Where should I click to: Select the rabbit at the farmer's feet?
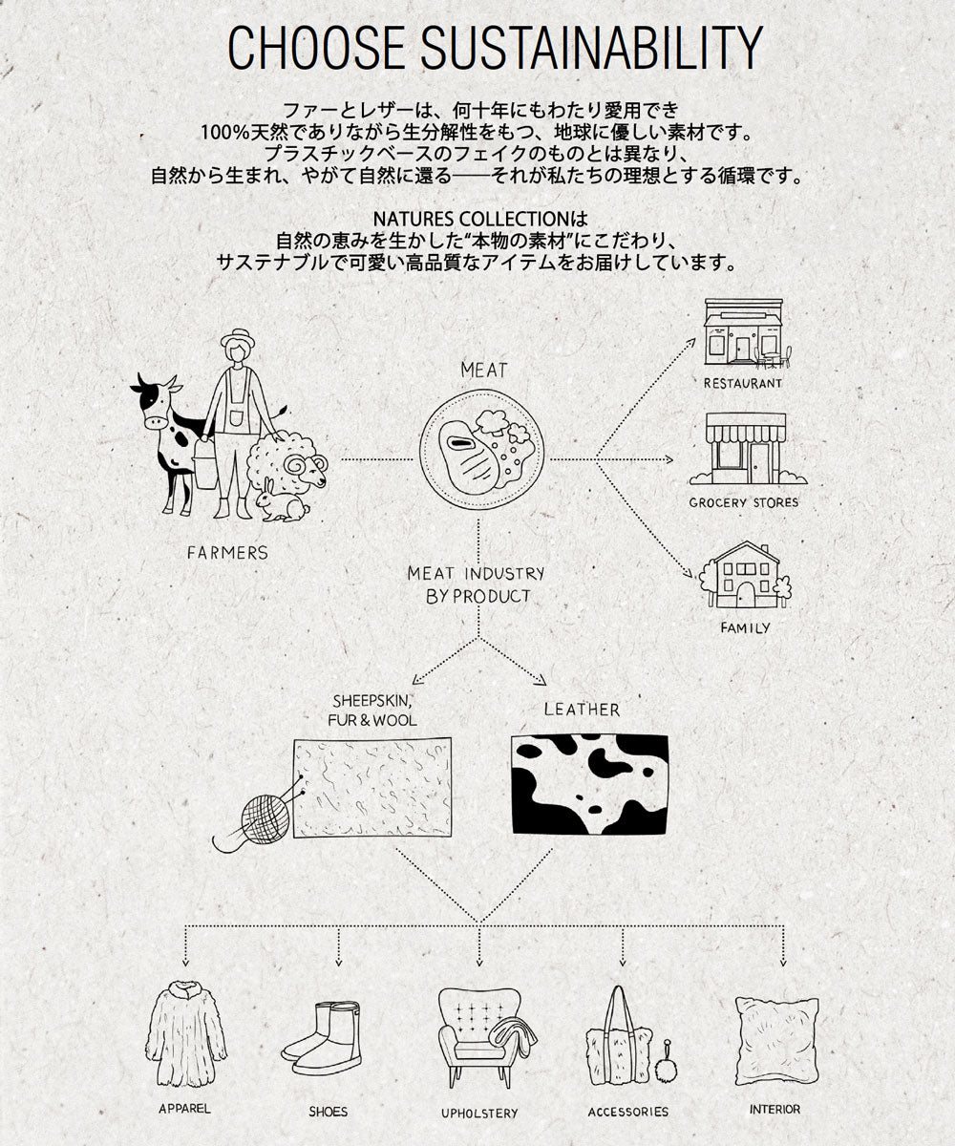tap(282, 500)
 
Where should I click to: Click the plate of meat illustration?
tap(481, 448)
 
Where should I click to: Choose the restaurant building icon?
tap(748, 333)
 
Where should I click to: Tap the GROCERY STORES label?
tap(744, 502)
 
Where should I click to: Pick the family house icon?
tap(745, 575)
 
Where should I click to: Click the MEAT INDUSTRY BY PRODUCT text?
tap(476, 585)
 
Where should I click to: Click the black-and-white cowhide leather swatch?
tap(590, 785)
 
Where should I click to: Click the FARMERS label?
tap(227, 553)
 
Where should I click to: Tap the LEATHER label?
tap(582, 710)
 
